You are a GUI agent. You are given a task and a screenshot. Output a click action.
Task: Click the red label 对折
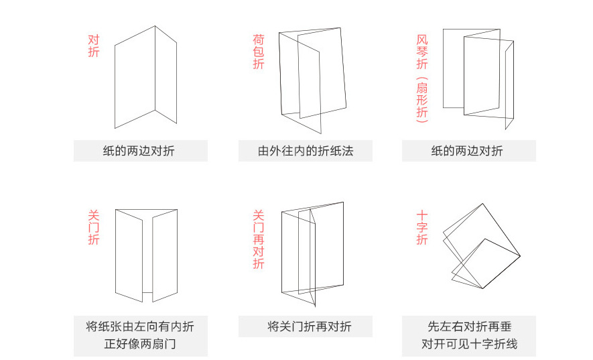click(x=94, y=46)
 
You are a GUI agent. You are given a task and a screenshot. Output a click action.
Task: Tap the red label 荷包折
click(x=259, y=52)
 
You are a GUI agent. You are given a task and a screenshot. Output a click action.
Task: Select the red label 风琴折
click(x=421, y=52)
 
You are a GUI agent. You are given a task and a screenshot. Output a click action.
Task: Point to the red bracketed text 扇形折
click(x=421, y=100)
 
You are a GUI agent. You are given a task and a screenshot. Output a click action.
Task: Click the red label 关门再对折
click(x=259, y=239)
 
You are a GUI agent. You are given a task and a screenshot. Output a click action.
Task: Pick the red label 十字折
click(x=421, y=228)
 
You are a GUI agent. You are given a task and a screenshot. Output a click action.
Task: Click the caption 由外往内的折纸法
click(x=306, y=151)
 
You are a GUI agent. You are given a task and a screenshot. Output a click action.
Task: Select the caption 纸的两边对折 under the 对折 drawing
click(x=141, y=151)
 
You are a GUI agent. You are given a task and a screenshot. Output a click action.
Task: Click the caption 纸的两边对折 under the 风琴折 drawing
click(x=469, y=151)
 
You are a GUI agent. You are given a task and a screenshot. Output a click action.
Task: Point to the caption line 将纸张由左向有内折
click(x=141, y=326)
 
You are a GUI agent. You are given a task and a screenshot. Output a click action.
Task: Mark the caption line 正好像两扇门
click(x=141, y=345)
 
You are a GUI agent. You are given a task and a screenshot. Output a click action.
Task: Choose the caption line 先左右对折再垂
click(x=469, y=326)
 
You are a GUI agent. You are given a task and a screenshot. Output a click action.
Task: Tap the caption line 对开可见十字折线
click(x=469, y=345)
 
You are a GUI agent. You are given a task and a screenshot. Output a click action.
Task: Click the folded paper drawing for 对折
click(x=145, y=77)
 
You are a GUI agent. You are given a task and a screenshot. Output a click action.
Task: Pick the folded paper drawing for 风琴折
click(x=477, y=77)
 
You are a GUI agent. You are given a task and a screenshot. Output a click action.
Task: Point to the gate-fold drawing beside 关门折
click(x=145, y=255)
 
